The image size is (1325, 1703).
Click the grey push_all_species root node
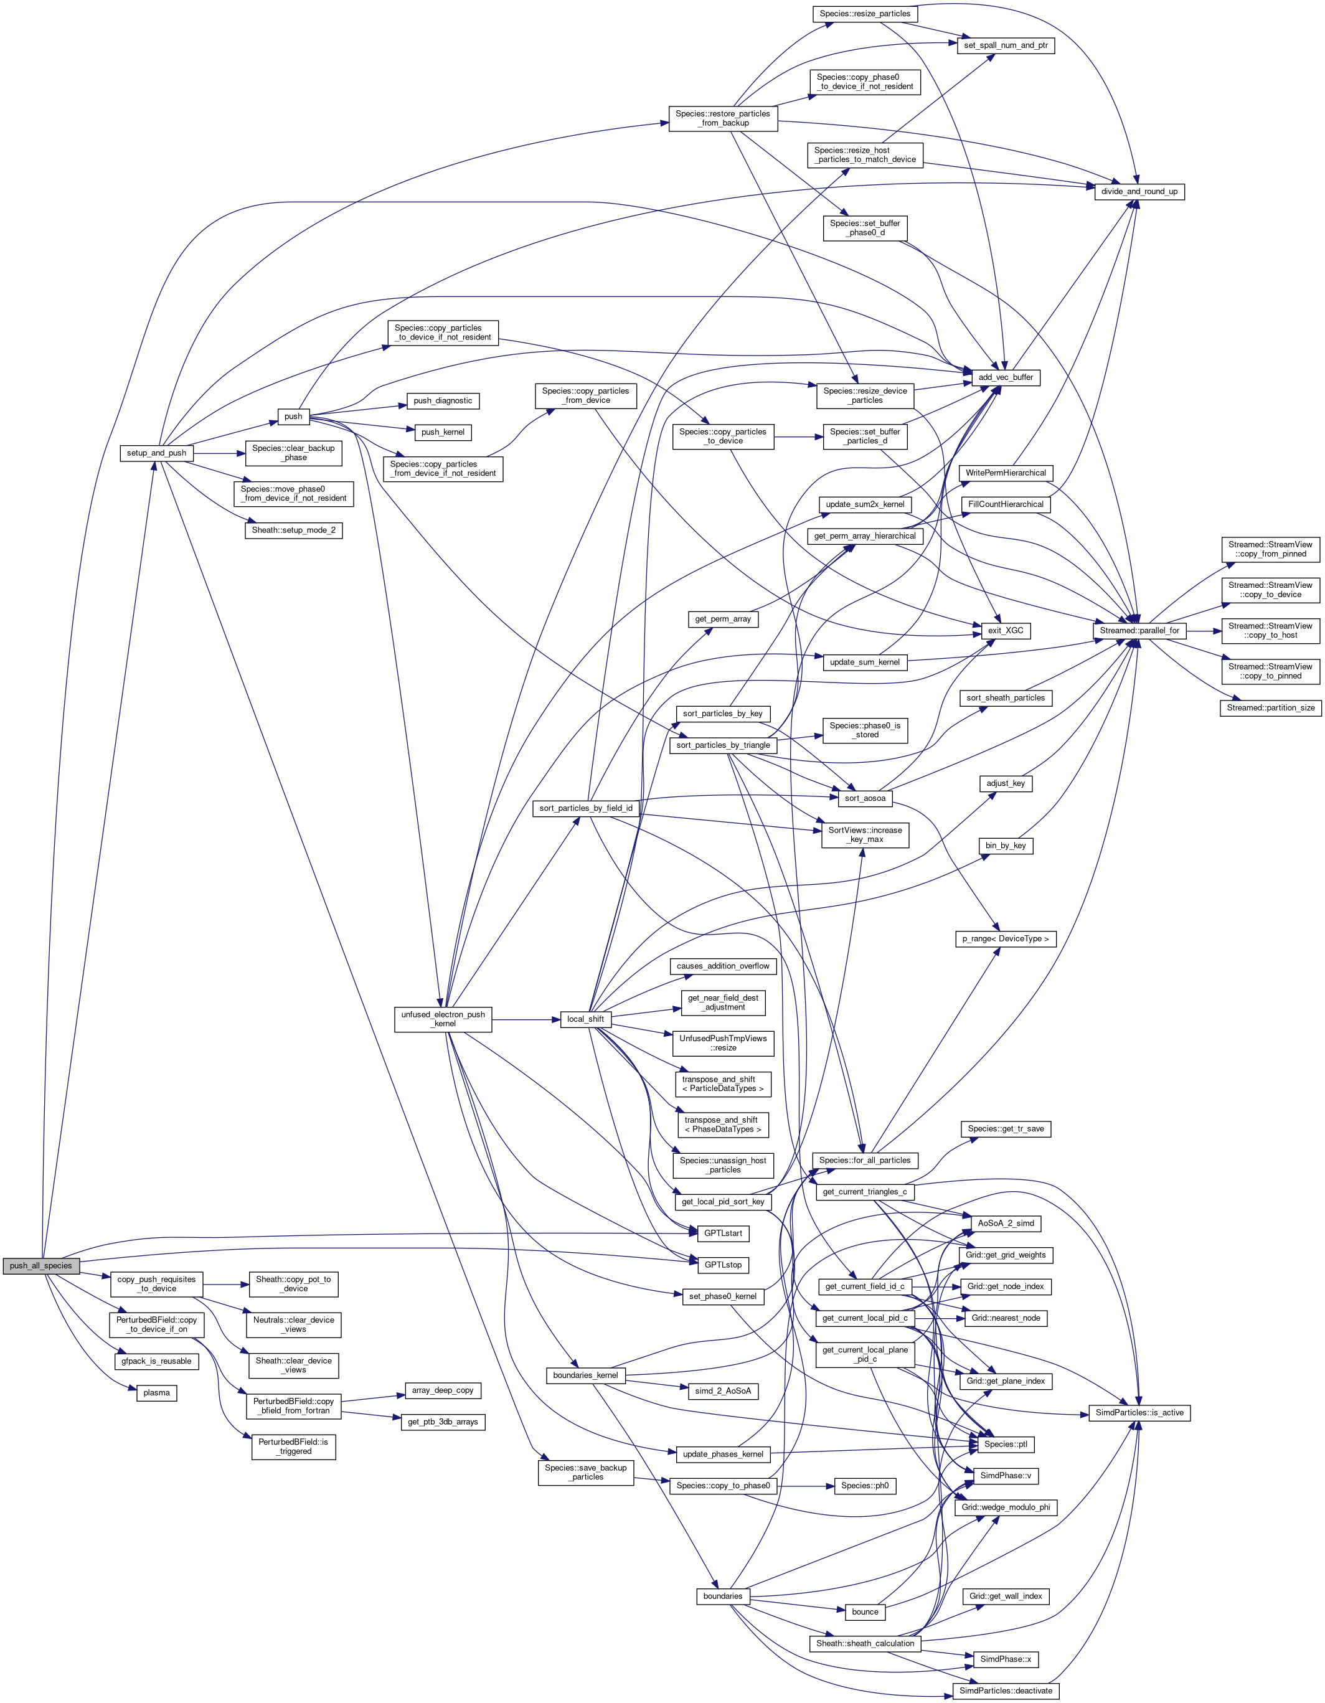40,1265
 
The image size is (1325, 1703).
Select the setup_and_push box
157,453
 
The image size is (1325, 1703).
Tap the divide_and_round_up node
1139,192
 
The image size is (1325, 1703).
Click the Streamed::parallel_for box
1139,630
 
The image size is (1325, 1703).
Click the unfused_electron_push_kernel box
443,1019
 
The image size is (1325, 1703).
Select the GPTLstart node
722,1233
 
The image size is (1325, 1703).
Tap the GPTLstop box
722,1265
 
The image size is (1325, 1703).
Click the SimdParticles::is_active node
1139,1413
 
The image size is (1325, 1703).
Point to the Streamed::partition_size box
1270,708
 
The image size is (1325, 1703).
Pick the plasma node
157,1393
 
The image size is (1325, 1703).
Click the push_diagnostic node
443,401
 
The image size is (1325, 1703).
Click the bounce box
865,1611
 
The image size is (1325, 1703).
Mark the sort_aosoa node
865,798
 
